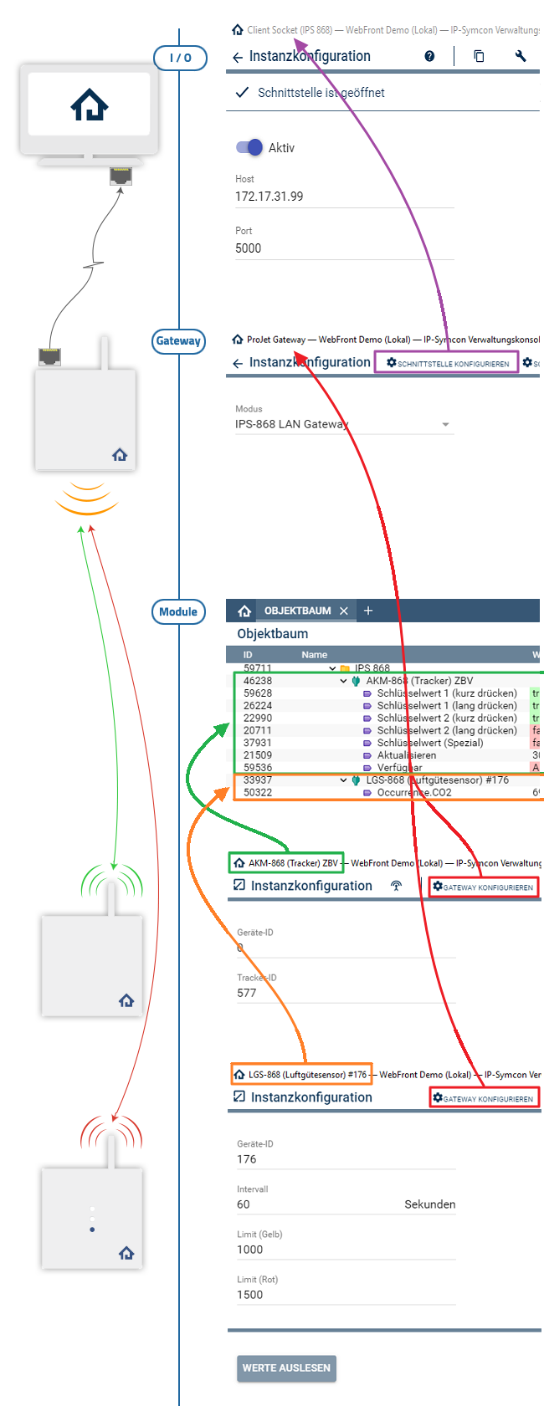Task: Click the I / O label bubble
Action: click(x=180, y=58)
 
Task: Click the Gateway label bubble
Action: click(x=178, y=341)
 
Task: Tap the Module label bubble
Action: click(x=178, y=611)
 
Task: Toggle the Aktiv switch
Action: click(x=249, y=147)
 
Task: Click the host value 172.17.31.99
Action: click(x=269, y=197)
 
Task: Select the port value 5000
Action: click(x=249, y=248)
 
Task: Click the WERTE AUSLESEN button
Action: click(x=286, y=1368)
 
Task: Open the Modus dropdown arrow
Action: click(x=445, y=425)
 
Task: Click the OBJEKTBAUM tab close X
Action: click(x=344, y=611)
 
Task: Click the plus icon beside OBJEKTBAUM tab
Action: click(x=368, y=611)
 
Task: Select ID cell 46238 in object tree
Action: click(x=258, y=681)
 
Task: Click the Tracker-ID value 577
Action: click(x=247, y=993)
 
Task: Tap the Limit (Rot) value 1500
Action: click(x=250, y=1295)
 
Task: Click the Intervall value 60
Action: click(x=244, y=1204)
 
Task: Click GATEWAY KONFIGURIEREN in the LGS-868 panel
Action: click(x=484, y=1097)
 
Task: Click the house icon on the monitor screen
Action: click(x=90, y=105)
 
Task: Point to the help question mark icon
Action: click(x=429, y=56)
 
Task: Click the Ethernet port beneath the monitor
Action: click(x=121, y=176)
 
